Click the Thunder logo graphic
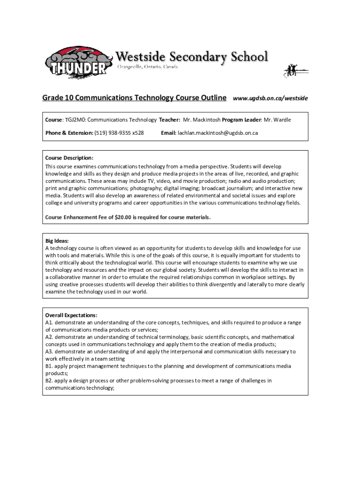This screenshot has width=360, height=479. (x=79, y=63)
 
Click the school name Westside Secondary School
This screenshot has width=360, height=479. (x=192, y=57)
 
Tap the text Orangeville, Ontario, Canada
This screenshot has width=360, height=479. (x=147, y=67)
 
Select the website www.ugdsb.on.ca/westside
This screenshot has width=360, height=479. (x=270, y=98)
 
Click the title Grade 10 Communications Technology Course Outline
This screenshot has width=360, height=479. (x=135, y=98)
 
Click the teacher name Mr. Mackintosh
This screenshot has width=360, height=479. (x=202, y=120)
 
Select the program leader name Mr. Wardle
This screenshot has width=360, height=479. (x=277, y=120)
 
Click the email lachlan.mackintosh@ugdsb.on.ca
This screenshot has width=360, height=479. (x=217, y=133)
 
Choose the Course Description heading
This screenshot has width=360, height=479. (x=69, y=158)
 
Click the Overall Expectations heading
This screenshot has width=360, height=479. (x=71, y=315)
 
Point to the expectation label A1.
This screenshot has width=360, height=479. (x=49, y=322)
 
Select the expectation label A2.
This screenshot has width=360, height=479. (x=49, y=337)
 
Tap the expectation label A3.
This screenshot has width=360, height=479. (x=49, y=351)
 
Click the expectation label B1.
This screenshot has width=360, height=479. (x=49, y=366)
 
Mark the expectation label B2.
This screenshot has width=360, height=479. (x=49, y=380)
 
